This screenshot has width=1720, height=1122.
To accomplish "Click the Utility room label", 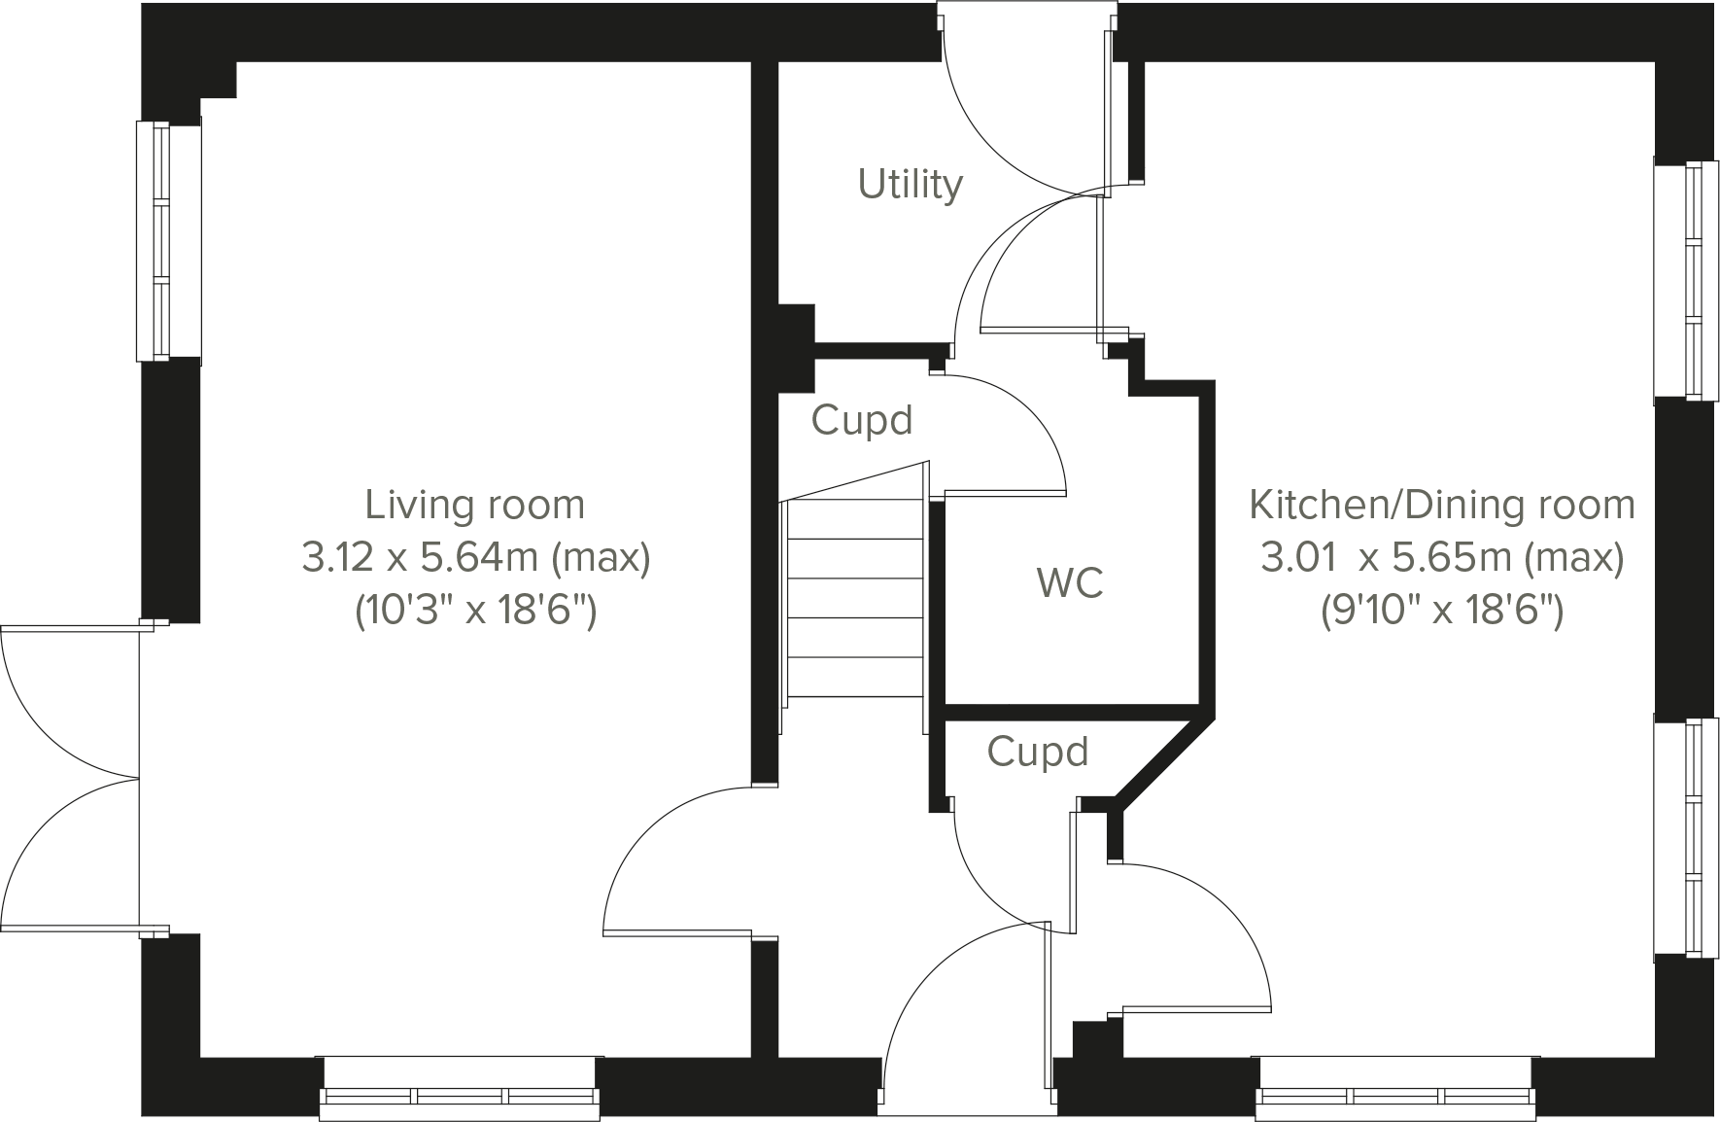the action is (910, 184).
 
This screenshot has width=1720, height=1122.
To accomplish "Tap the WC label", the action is (1070, 582).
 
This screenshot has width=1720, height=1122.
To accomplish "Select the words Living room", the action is (474, 505).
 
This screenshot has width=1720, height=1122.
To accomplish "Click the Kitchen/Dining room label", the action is (1441, 505).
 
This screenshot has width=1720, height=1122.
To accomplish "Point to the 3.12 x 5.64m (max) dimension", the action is (474, 558).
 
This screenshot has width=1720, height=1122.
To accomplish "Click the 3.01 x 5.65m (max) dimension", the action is (1441, 558).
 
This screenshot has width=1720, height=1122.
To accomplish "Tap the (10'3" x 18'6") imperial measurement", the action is (474, 612).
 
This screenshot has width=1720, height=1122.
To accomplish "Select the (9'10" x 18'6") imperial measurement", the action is (1441, 612).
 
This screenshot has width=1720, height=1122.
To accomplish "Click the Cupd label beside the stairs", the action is (862, 420).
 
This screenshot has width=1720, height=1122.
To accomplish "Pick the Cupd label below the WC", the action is (1037, 752).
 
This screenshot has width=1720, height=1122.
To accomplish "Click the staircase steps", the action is (854, 598).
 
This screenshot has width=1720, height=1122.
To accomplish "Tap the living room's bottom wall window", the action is (460, 1096).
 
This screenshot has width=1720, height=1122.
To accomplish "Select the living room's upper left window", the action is (154, 240).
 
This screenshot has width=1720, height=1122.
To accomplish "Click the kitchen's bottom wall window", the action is (1395, 1096).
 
